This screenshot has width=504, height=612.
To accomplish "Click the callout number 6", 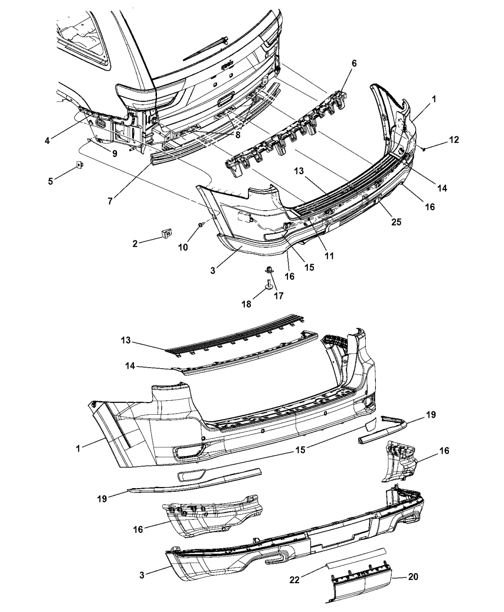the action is (354, 64).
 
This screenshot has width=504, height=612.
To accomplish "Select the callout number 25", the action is (396, 222).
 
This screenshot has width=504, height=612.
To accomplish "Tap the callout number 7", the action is (110, 201).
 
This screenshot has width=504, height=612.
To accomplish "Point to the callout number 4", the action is (47, 141).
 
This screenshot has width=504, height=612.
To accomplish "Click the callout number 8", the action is (238, 135).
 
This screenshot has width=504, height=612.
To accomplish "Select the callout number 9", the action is (115, 153).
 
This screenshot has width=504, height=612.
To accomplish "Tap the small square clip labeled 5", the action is (80, 165).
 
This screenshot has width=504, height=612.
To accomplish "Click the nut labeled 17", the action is (269, 268).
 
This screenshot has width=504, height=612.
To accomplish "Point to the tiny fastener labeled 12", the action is (424, 149).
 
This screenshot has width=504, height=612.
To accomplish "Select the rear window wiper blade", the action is (205, 48).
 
